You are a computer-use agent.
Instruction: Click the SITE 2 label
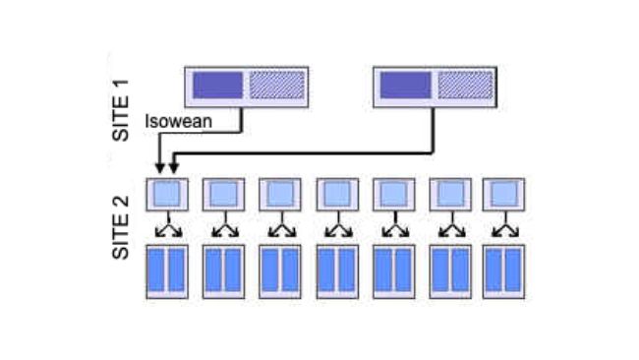click(121, 228)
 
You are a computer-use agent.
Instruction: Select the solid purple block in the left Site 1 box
click(217, 86)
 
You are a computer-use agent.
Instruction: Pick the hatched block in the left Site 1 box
click(274, 86)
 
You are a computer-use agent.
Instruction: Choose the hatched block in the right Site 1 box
click(463, 86)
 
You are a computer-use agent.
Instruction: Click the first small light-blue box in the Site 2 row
click(166, 193)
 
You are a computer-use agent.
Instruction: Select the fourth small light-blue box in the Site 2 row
click(337, 193)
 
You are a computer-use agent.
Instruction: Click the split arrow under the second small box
click(223, 229)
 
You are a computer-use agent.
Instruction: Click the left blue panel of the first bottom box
click(156, 270)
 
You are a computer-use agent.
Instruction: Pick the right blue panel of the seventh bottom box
click(515, 270)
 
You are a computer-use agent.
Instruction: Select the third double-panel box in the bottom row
click(280, 270)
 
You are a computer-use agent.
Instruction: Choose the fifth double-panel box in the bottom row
click(393, 270)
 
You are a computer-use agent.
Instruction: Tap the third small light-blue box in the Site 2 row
click(280, 193)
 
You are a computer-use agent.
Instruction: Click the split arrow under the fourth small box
click(337, 229)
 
